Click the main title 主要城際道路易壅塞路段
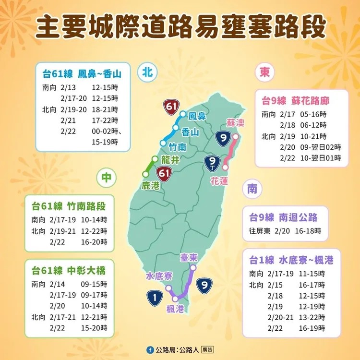(180, 28)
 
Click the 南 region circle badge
(252, 189)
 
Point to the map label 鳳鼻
(197, 116)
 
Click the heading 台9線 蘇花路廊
(295, 100)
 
